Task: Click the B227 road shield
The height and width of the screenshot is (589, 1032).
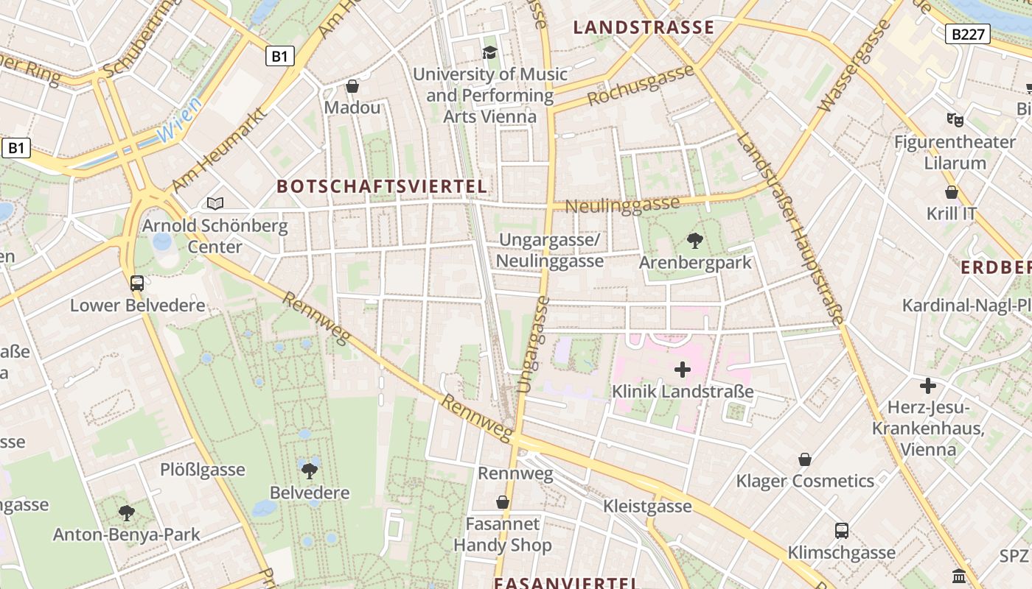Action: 967,33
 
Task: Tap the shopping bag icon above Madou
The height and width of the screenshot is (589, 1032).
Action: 352,86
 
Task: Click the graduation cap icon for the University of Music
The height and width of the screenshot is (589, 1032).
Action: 489,52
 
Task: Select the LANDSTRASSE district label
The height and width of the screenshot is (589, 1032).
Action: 644,28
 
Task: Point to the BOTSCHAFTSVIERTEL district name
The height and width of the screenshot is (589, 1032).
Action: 382,186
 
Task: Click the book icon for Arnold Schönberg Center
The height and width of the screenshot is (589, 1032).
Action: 215,203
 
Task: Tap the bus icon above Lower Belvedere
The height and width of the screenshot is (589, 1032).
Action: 137,283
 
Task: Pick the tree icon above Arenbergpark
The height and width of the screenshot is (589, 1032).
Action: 694,240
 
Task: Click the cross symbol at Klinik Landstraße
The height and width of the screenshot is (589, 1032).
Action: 683,370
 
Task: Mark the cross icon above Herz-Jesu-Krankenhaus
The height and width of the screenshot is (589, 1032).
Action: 927,385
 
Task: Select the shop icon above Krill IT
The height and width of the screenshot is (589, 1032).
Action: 952,192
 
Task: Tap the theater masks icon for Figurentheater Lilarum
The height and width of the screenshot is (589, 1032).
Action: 955,119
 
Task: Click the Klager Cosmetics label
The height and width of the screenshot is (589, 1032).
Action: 805,482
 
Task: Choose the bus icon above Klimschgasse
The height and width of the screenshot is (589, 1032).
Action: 841,530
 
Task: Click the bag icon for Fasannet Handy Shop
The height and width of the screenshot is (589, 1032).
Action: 503,502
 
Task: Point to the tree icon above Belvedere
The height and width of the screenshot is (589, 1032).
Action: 310,470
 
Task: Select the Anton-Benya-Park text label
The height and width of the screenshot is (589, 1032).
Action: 126,535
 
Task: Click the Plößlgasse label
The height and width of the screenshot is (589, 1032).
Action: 203,470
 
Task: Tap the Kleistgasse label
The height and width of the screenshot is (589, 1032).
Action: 647,506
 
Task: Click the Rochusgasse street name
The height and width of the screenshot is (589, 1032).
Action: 641,86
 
